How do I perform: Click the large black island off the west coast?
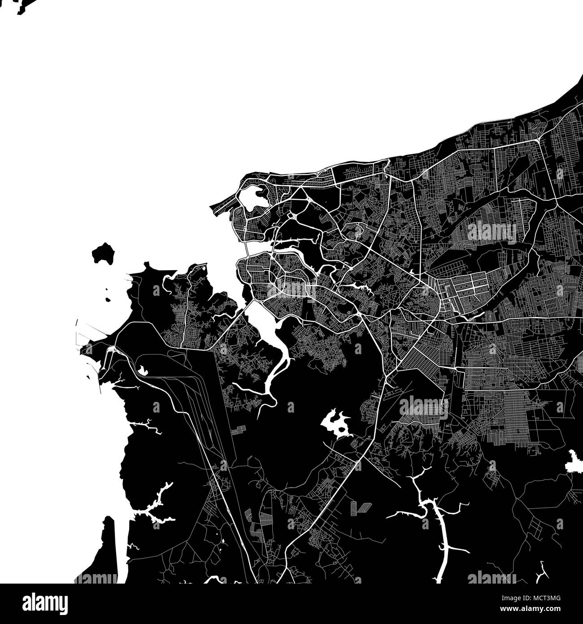pos(102,254)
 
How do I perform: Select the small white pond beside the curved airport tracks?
pos(143,369)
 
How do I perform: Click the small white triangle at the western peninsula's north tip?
pos(205,268)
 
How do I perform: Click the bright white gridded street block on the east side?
pos(464,294)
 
